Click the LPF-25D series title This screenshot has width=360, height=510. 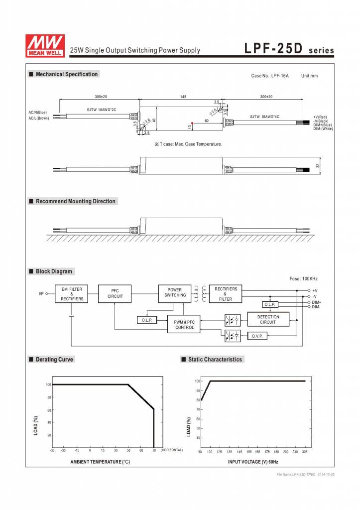coord(289,50)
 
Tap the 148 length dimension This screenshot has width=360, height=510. coord(183,96)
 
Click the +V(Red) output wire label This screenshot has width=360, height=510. coord(320,117)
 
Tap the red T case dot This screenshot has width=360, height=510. coord(192,123)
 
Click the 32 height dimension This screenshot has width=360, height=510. coord(317,166)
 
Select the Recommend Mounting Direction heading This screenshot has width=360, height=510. coord(75,201)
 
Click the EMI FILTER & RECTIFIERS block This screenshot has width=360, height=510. coord(72,294)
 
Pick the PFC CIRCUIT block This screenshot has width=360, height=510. coord(115,294)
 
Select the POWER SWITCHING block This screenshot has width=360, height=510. coord(175,292)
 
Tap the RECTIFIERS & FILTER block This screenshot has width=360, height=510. coord(226,294)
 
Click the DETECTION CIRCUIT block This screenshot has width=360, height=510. coord(268,319)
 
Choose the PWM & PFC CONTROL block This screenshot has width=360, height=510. coord(184,325)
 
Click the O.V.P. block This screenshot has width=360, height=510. coord(257,336)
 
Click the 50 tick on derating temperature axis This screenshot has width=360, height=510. coord(128,450)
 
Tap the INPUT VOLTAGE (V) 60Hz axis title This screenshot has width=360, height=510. coord(252,462)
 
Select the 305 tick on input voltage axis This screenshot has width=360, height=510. coord(305,451)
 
